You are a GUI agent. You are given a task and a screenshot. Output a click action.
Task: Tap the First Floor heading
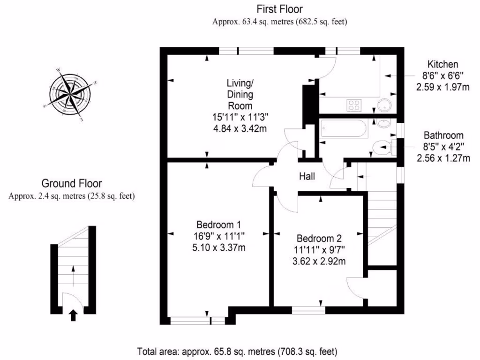pos(279,9)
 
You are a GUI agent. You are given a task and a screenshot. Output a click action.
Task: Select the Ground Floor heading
pos(72,183)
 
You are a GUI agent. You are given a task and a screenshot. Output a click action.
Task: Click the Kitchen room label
pos(442,65)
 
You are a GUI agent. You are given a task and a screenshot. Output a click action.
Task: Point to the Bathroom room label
pos(443,135)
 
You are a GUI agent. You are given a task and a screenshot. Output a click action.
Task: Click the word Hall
pos(307,177)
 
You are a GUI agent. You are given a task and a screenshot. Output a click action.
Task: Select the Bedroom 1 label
pos(220,224)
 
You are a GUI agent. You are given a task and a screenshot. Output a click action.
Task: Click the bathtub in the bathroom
pos(344,128)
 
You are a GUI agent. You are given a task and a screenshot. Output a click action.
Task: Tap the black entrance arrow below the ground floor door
pos(73,315)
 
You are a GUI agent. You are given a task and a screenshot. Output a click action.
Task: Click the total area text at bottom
pos(237,351)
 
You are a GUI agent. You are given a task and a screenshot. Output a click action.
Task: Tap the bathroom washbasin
pos(383,124)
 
